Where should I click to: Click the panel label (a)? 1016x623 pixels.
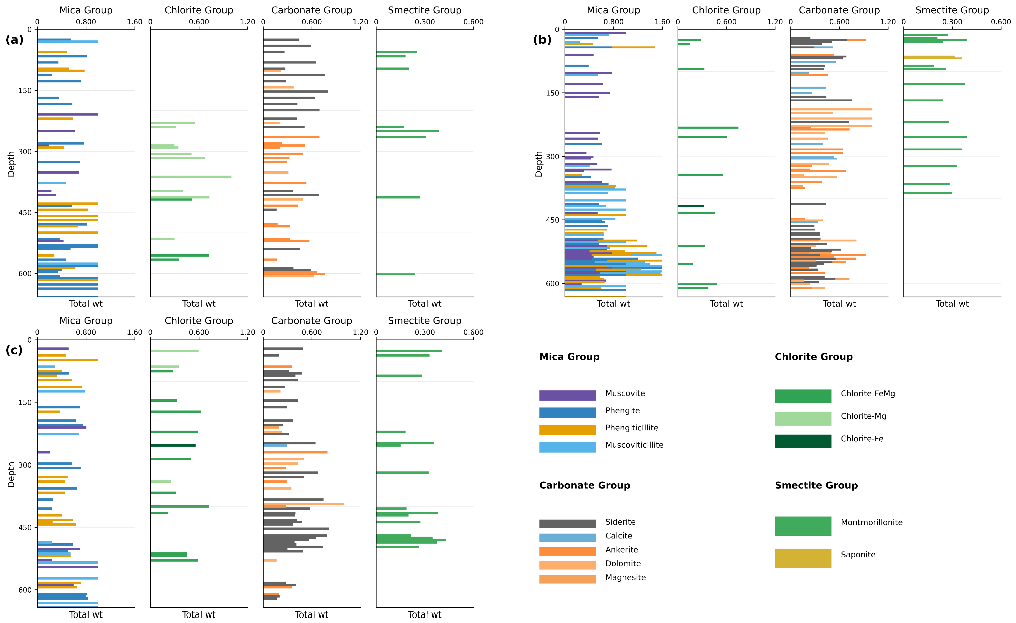click(x=14, y=40)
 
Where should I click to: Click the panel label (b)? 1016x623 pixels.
click(x=542, y=40)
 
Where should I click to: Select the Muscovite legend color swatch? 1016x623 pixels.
click(x=567, y=395)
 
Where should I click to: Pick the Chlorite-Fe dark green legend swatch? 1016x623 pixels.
click(x=803, y=441)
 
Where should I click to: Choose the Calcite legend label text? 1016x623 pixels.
click(x=618, y=536)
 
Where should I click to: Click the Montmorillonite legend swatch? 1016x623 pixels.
click(x=803, y=526)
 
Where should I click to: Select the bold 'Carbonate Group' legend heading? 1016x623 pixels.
click(x=585, y=485)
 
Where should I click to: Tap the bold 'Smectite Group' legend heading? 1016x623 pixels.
click(x=816, y=485)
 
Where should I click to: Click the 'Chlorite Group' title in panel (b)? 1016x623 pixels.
click(x=726, y=10)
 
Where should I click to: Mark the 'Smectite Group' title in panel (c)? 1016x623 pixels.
click(x=425, y=321)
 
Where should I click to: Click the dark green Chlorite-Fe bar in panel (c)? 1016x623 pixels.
click(x=173, y=445)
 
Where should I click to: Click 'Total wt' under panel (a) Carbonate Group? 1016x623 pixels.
click(x=312, y=304)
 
